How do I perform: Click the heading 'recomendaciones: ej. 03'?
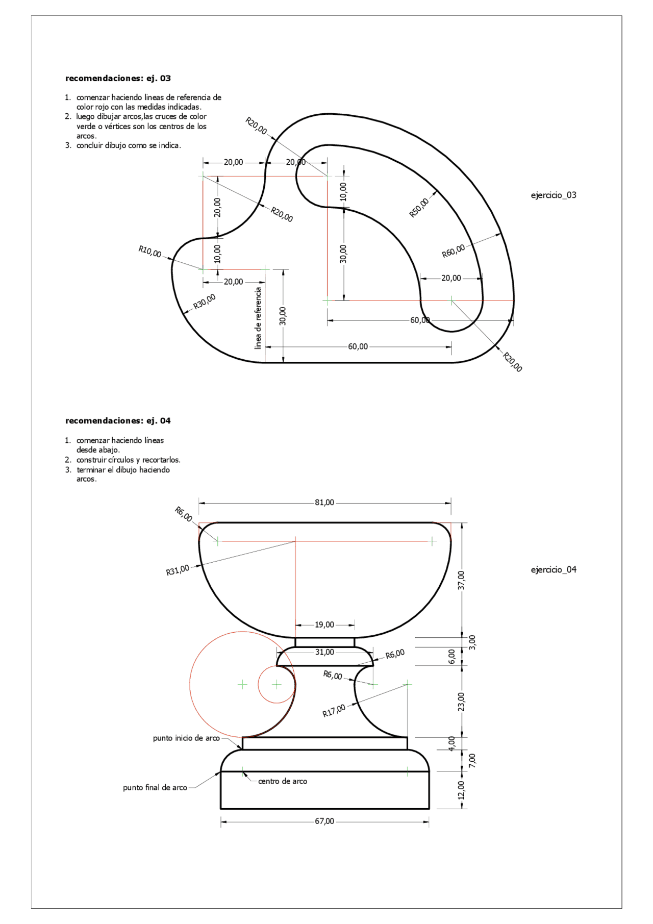pyautogui.click(x=118, y=78)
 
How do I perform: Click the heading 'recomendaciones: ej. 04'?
pyautogui.click(x=118, y=420)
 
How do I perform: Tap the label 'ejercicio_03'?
pyautogui.click(x=554, y=195)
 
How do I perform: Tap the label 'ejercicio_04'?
pyautogui.click(x=554, y=569)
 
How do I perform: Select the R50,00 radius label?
pyautogui.click(x=419, y=208)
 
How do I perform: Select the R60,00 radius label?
pyautogui.click(x=454, y=251)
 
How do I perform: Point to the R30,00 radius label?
pyautogui.click(x=205, y=302)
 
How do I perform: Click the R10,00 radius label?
pyautogui.click(x=150, y=252)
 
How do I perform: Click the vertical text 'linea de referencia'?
pyautogui.click(x=258, y=318)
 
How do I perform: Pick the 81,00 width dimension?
pyautogui.click(x=324, y=503)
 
